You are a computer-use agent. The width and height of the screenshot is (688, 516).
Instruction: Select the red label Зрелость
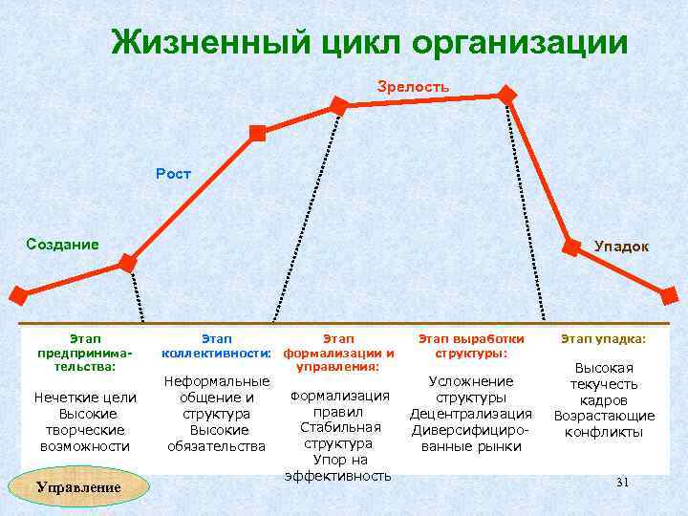(413, 87)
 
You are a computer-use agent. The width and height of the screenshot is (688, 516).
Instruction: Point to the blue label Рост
(174, 174)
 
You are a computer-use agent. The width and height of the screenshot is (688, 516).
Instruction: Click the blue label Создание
(62, 244)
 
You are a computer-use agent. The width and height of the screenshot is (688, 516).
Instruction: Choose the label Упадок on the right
(621, 247)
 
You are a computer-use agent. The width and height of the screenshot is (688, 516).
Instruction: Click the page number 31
(622, 484)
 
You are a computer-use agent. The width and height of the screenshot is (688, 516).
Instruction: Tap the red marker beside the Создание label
(127, 261)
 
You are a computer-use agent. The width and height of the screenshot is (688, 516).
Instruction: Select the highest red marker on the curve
(506, 95)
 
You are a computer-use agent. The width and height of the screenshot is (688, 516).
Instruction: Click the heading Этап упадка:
(603, 339)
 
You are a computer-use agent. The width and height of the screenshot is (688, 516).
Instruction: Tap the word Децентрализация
(470, 414)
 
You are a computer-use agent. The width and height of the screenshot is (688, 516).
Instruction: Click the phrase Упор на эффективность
(338, 467)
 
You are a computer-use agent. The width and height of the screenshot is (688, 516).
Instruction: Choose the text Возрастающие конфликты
(604, 423)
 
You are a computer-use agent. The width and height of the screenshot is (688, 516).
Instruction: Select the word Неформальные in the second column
(216, 381)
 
